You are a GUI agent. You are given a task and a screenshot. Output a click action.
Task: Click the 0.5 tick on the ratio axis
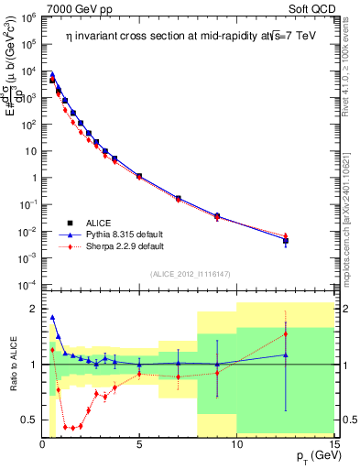point(29,420)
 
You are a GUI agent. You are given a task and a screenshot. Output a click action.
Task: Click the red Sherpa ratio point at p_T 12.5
point(286,333)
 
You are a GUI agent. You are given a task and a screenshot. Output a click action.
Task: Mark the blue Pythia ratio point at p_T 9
point(217,365)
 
